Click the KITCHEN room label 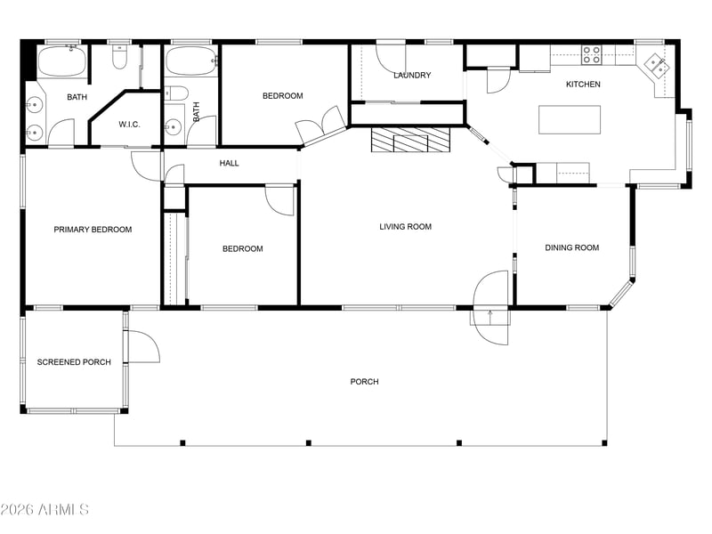click(x=583, y=84)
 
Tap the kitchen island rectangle click(x=570, y=119)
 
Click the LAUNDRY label click(x=412, y=75)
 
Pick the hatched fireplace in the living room click(x=410, y=140)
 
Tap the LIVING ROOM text click(x=406, y=227)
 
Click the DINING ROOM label click(x=571, y=247)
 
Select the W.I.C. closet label click(x=129, y=125)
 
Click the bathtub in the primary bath click(x=61, y=61)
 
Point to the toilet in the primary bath click(x=119, y=57)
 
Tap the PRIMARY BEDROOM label click(x=93, y=230)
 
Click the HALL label click(x=229, y=163)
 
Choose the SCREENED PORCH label click(x=74, y=362)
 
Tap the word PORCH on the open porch click(x=364, y=382)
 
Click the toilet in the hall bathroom click(x=176, y=93)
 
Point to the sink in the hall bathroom click(x=173, y=127)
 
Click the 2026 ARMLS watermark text click(x=44, y=509)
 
